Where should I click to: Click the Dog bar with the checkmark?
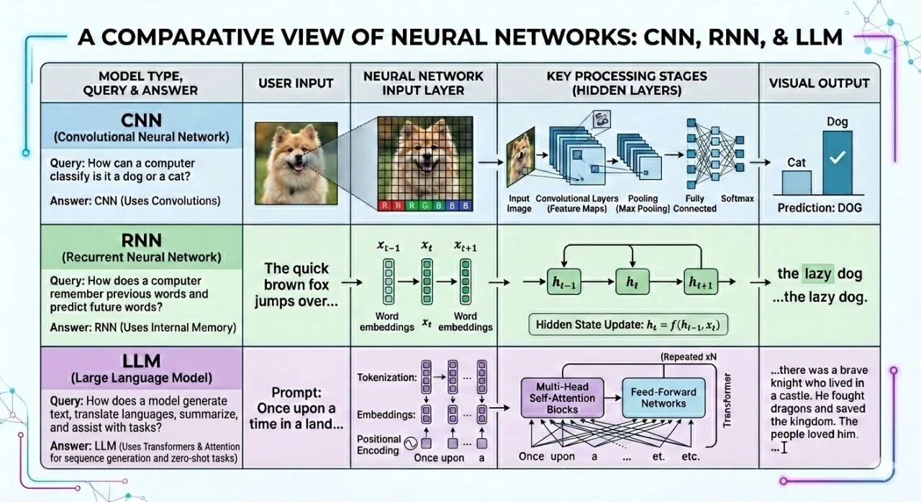[837, 163]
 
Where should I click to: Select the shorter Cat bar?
[797, 183]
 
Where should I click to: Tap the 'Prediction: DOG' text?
[820, 208]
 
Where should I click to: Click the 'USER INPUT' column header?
[296, 83]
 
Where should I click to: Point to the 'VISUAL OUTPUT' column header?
[819, 83]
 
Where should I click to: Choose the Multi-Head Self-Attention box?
[562, 398]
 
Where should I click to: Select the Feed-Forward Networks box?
[663, 398]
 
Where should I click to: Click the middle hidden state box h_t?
[632, 282]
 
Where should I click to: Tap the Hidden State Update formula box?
[628, 325]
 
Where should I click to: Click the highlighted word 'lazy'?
[818, 273]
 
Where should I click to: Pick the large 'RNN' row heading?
[142, 240]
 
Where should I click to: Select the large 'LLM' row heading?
[142, 361]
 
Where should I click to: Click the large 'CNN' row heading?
[142, 120]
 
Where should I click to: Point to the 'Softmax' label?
[738, 198]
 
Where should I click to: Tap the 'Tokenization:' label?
[387, 377]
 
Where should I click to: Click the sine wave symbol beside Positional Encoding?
[410, 444]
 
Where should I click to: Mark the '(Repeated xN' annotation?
[689, 357]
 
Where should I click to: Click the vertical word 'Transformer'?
[727, 400]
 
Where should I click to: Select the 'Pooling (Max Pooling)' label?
[643, 204]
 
